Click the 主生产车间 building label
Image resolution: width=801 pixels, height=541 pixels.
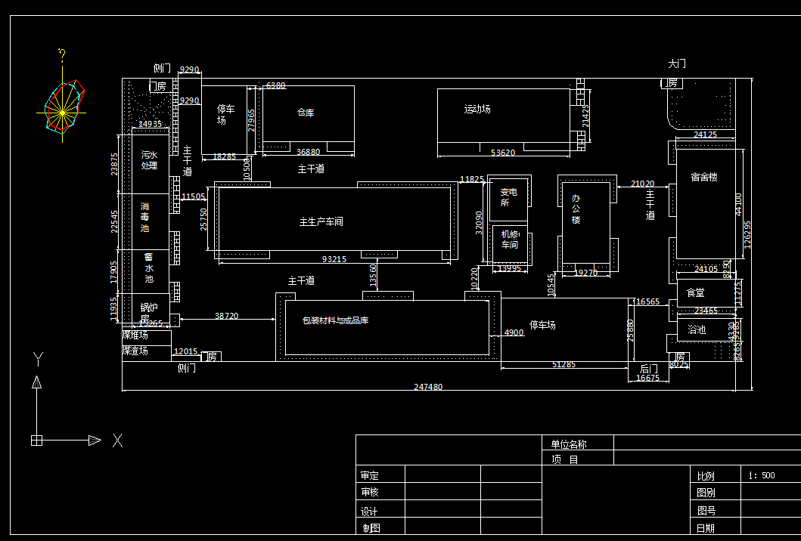(321, 221)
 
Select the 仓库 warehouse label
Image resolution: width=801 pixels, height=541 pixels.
(306, 113)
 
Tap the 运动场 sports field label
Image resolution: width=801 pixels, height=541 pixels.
(477, 109)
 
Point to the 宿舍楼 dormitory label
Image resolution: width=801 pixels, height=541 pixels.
(703, 178)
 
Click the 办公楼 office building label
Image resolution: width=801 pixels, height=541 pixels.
(576, 209)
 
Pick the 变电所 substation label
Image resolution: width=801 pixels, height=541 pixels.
(508, 197)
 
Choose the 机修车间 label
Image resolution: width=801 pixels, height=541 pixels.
(510, 240)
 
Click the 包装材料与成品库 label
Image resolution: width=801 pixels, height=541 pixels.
(335, 320)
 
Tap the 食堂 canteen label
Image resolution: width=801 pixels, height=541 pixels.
(695, 292)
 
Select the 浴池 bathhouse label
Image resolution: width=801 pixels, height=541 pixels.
(696, 329)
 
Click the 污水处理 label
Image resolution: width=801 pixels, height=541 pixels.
(149, 160)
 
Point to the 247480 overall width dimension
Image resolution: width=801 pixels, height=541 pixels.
(428, 387)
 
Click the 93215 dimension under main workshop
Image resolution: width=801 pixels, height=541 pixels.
(334, 259)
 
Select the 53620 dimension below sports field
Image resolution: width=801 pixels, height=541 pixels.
(503, 153)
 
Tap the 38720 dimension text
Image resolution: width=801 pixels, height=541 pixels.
(226, 316)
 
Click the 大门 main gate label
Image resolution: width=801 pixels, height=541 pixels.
(677, 64)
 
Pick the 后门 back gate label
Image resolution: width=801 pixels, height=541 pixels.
(649, 368)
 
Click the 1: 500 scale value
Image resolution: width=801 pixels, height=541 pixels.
(761, 475)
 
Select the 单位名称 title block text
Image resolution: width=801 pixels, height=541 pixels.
(569, 444)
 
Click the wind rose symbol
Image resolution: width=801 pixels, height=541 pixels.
(64, 110)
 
